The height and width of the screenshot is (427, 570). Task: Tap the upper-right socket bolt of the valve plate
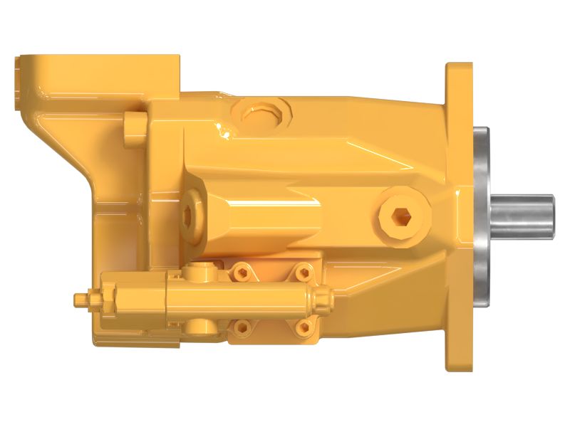303,271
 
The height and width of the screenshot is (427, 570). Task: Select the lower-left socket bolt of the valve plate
243,327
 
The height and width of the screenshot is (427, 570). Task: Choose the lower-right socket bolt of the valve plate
303,327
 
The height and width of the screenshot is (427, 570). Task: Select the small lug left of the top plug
134,127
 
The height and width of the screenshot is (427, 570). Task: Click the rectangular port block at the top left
100,75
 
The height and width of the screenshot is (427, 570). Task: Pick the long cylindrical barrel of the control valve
242,299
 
